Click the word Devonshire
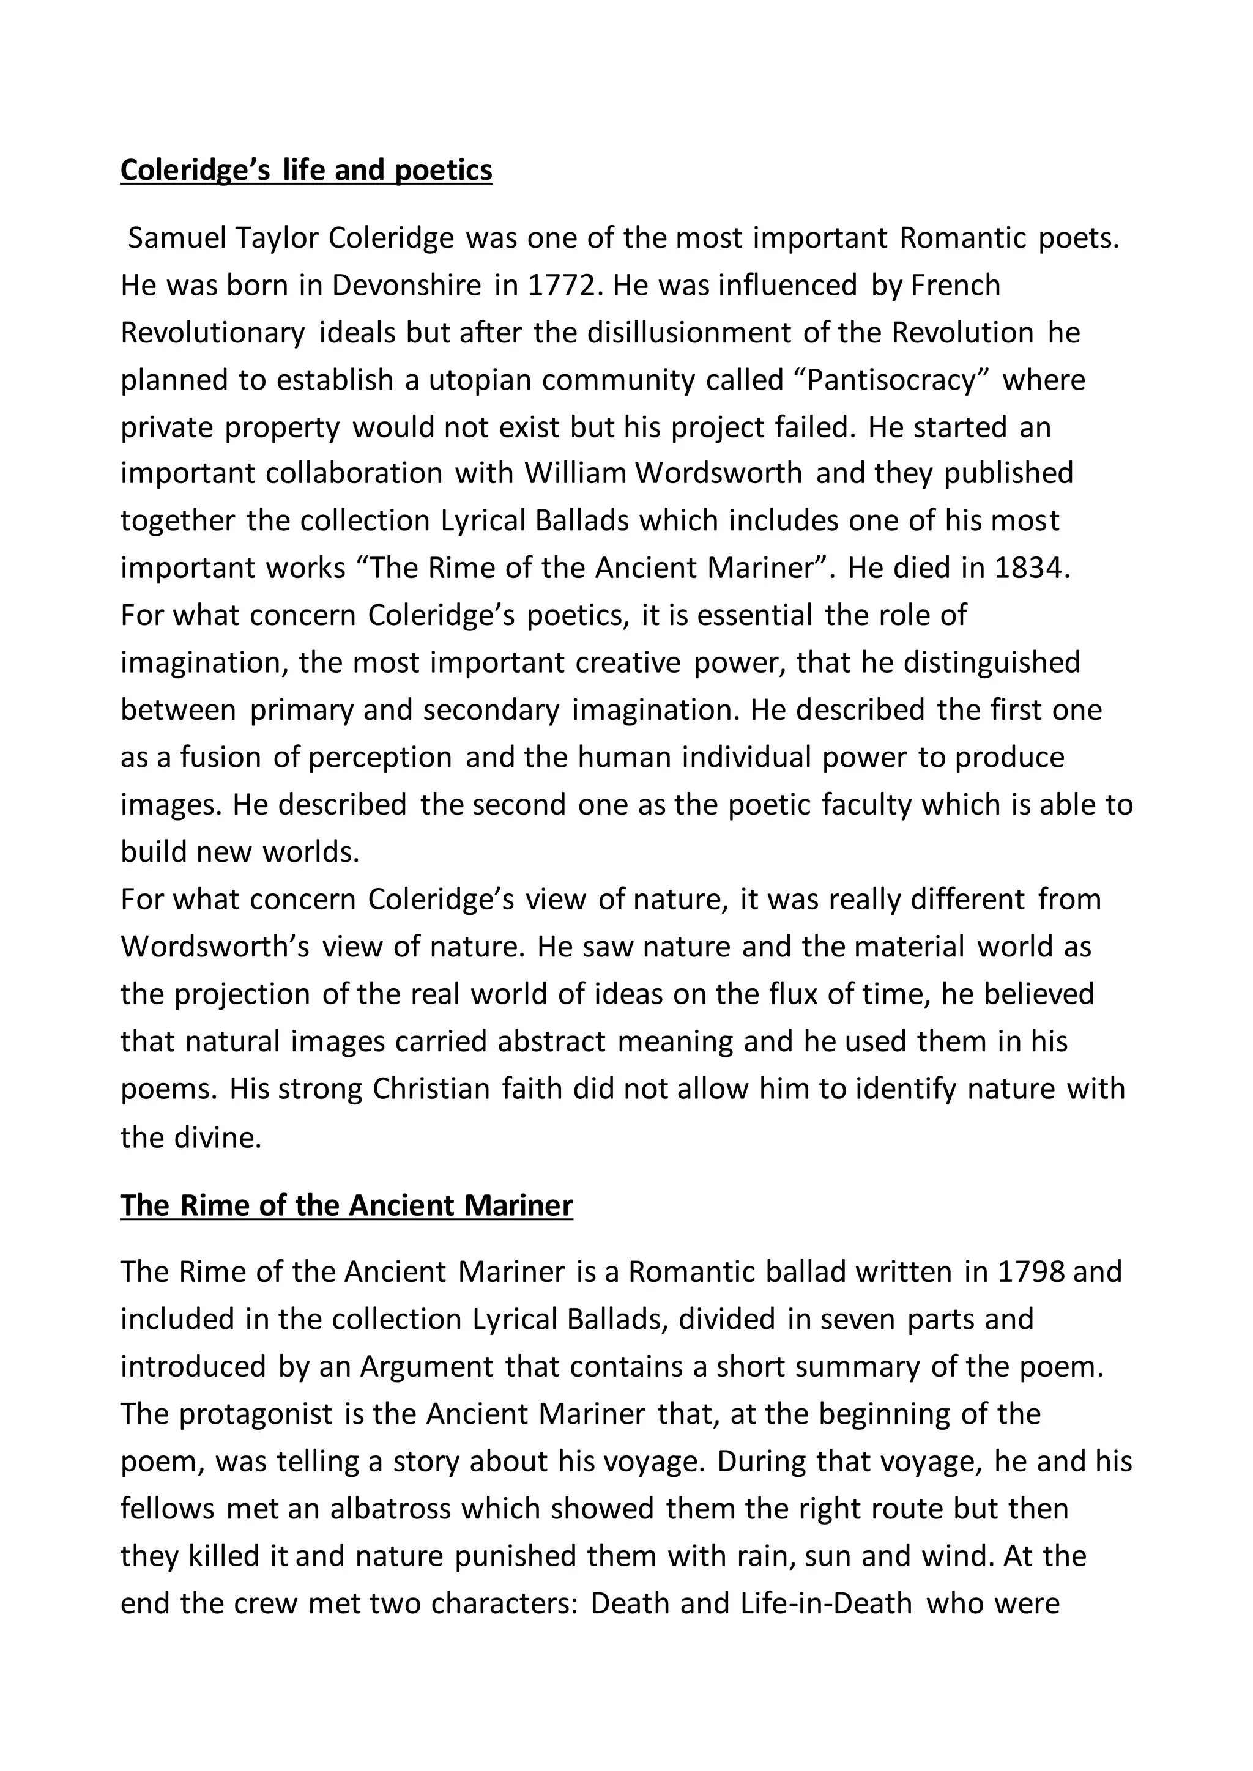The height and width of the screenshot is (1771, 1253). click(x=407, y=286)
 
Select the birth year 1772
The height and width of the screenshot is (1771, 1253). click(x=562, y=286)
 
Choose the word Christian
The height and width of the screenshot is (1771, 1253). click(x=431, y=1089)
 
